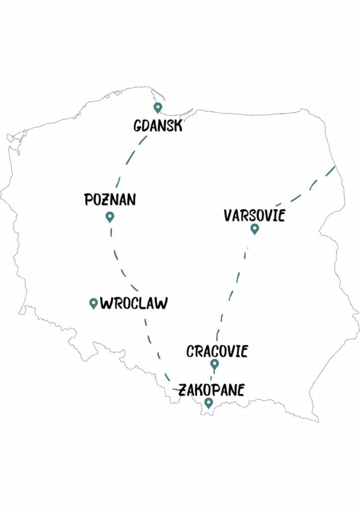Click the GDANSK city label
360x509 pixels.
[x=158, y=126]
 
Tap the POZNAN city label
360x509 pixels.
[x=110, y=200]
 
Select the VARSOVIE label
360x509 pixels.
[x=254, y=215]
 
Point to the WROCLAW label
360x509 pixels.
[x=134, y=303]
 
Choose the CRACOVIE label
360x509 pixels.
[x=217, y=351]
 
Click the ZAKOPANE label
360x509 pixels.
[x=211, y=390]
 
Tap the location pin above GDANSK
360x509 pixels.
[x=158, y=107]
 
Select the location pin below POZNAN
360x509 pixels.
[x=110, y=217]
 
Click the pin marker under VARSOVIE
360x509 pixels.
[x=255, y=229]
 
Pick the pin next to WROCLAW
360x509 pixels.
[x=93, y=303]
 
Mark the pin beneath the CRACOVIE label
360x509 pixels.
[x=214, y=364]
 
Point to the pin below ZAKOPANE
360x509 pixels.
[x=209, y=403]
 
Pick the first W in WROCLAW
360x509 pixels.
[x=107, y=303]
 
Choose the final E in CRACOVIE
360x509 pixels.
[x=243, y=351]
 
